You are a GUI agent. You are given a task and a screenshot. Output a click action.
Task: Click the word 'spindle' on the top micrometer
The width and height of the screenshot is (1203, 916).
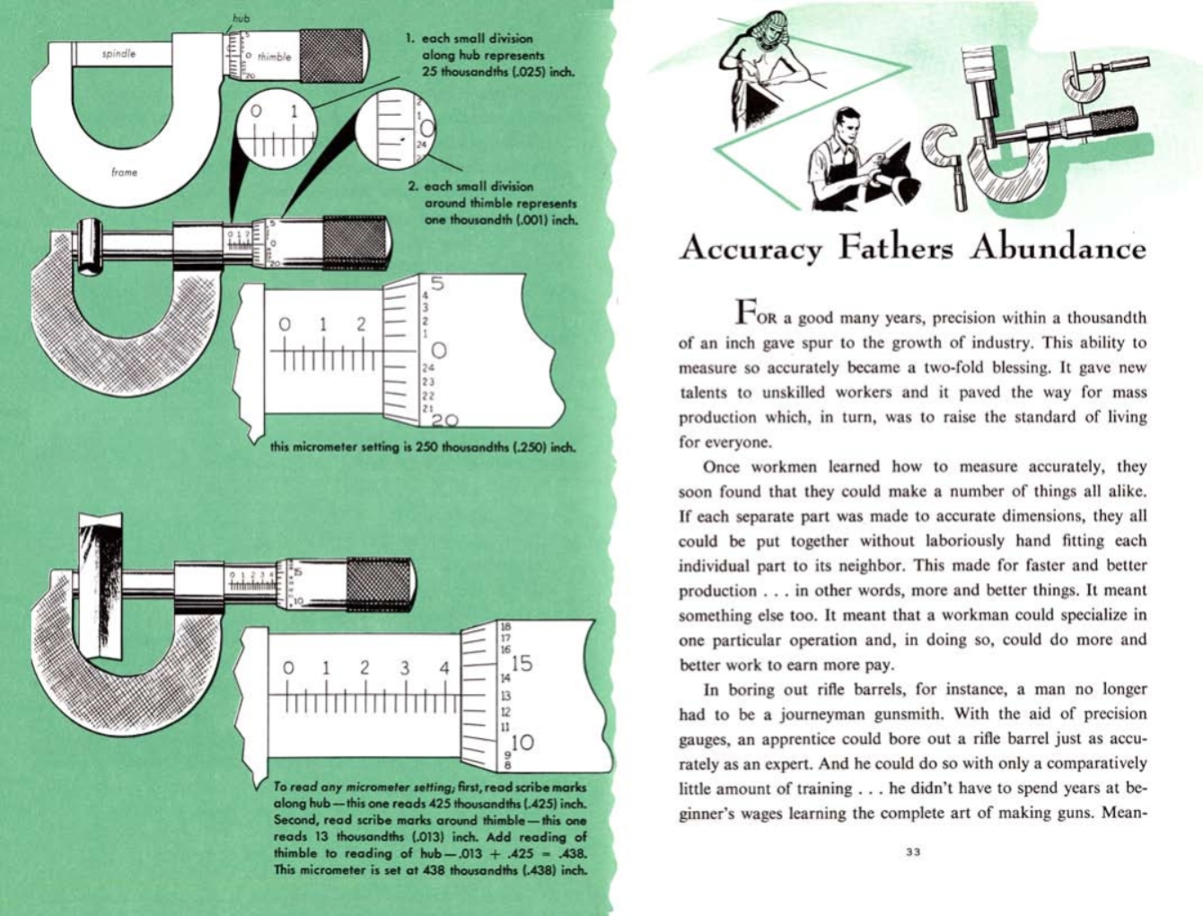tap(119, 54)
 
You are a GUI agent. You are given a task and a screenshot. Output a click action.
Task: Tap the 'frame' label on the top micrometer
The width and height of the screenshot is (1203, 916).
tap(124, 172)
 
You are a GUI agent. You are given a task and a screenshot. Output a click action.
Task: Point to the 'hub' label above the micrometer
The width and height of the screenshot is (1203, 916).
tap(241, 18)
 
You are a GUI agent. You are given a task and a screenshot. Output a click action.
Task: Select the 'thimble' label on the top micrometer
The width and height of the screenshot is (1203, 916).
tap(274, 57)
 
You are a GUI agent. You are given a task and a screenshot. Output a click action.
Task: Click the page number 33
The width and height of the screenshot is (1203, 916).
tap(913, 852)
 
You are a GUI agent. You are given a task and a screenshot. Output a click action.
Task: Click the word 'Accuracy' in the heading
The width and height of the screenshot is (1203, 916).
tap(751, 248)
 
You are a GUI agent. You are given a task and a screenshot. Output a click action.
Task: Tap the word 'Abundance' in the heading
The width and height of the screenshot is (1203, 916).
tap(1057, 247)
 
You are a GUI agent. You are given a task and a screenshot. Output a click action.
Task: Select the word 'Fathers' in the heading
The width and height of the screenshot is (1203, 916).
tap(895, 247)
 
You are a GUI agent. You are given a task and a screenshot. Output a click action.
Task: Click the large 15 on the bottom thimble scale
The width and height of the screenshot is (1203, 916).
tap(521, 664)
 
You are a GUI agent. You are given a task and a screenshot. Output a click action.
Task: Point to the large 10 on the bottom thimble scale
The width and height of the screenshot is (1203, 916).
tap(522, 742)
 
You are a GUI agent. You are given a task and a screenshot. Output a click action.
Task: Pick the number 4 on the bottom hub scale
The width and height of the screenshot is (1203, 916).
tap(443, 668)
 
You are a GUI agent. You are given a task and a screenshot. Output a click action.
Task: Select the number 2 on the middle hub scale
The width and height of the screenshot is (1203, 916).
tap(361, 324)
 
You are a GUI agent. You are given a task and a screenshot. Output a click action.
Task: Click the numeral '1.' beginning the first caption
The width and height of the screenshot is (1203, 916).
tap(409, 39)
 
